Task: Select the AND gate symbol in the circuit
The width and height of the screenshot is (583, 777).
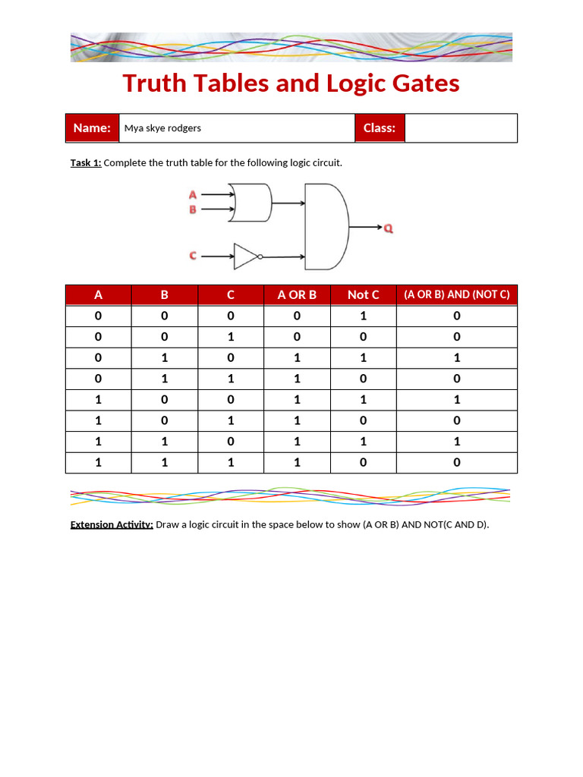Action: pos(326,226)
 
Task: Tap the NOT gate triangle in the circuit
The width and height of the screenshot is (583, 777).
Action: pos(245,256)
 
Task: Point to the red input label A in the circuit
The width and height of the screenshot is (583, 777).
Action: pos(193,195)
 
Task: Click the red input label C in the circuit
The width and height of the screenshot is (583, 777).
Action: pos(193,256)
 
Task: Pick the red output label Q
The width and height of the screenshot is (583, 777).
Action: pos(388,228)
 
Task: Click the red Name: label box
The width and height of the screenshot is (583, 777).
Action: pos(93,128)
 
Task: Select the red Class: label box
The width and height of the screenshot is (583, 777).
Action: pos(380,128)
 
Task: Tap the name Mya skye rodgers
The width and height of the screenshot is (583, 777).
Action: pos(162,128)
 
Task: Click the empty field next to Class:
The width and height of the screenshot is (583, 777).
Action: pos(461,128)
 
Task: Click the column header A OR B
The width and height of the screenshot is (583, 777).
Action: pos(297,294)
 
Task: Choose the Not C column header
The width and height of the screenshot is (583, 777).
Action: pos(363,294)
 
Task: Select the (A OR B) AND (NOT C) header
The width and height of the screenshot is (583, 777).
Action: pos(456,294)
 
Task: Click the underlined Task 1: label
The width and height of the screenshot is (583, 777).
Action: pos(86,163)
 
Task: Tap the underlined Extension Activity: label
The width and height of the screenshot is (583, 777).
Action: pos(112,524)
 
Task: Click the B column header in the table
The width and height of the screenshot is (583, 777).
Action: pos(164,294)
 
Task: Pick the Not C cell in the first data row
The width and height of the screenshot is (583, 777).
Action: pos(363,316)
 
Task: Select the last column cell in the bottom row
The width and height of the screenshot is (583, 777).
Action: pos(456,462)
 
